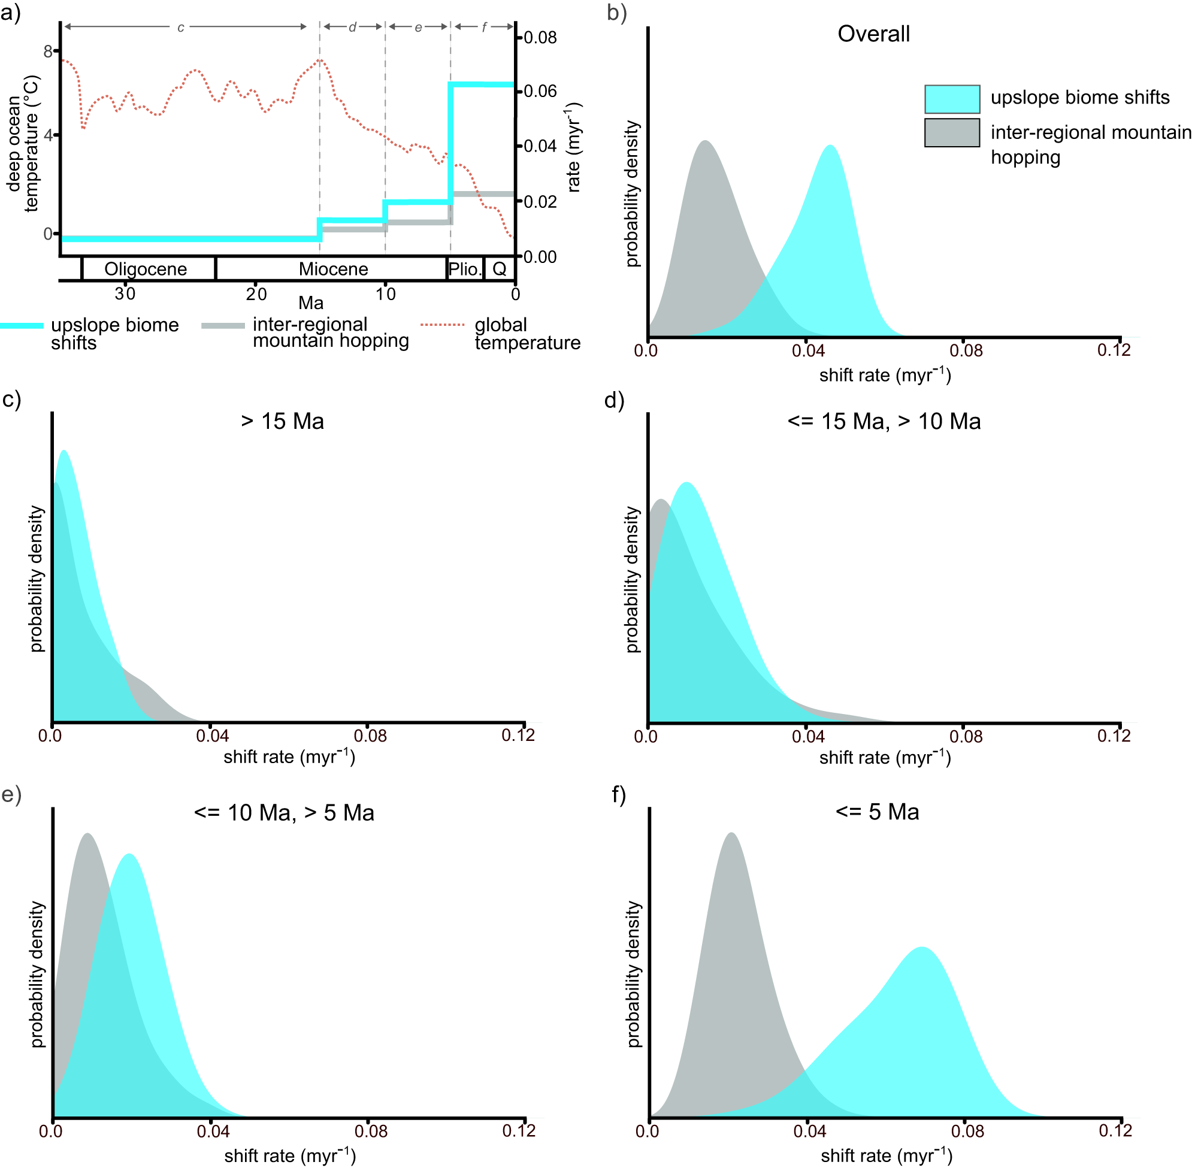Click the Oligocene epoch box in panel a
tap(146, 270)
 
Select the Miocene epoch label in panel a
tap(334, 270)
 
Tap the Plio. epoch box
tap(464, 270)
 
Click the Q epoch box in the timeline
tap(500, 270)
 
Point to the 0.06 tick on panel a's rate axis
tap(540, 92)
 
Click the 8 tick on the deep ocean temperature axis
tap(48, 52)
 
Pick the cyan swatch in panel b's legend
tap(952, 99)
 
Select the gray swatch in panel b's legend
tap(952, 133)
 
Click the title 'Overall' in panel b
tap(873, 34)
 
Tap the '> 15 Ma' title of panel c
tap(282, 422)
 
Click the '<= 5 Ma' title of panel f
tap(877, 812)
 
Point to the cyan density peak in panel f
tap(921, 948)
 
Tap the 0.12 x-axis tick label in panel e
tap(519, 1131)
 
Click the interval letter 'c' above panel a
tap(181, 28)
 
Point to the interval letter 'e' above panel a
tap(418, 28)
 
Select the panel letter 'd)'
tap(614, 400)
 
